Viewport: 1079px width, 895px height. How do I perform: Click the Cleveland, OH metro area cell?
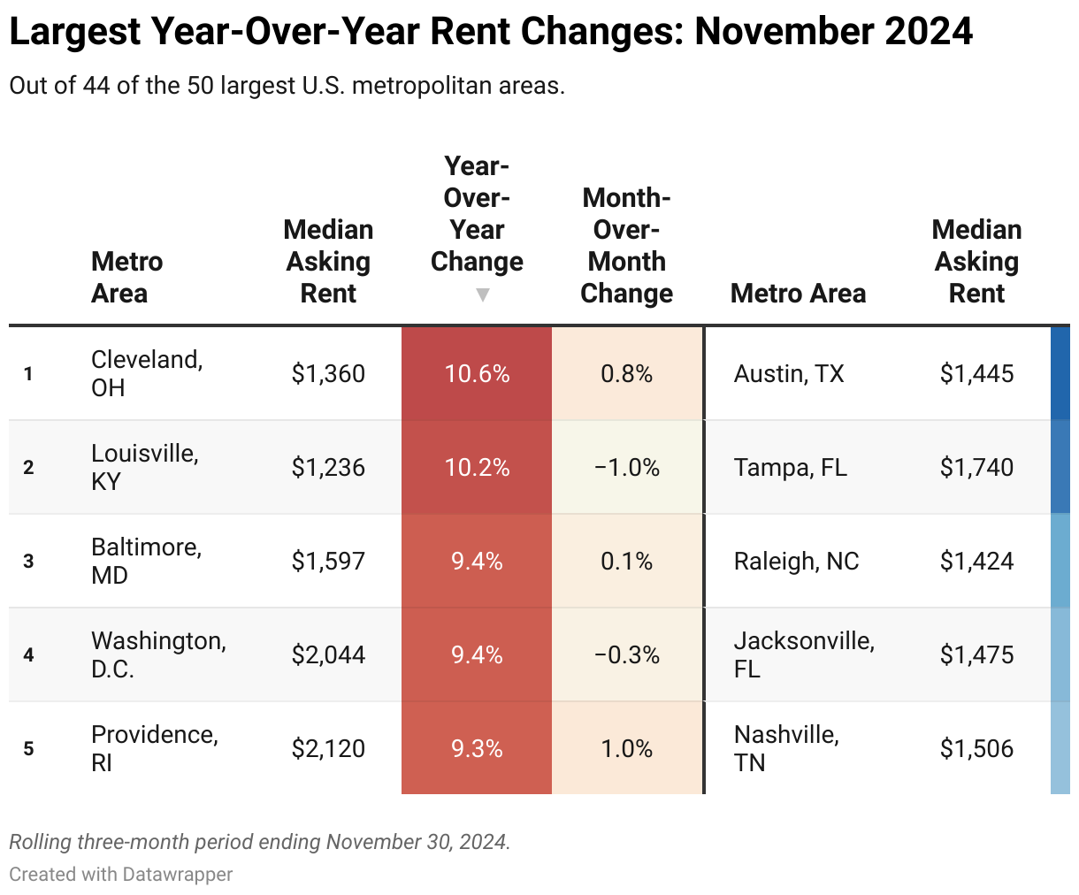147,373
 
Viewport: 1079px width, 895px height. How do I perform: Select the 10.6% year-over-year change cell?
477,374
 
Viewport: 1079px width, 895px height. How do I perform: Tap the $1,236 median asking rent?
328,468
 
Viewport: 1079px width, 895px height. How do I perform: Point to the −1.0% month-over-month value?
626,468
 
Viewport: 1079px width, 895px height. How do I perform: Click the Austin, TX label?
789,374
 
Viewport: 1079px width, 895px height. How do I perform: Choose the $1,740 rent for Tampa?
976,468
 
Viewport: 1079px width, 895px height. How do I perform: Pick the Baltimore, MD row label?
147,561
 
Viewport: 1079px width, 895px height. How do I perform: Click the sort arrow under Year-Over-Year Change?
482,295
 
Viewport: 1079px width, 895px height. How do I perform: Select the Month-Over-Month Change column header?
626,246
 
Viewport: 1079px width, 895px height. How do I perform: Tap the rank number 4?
28,655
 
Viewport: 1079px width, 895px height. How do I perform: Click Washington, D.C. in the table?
158,654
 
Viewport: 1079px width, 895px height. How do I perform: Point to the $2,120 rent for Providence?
328,749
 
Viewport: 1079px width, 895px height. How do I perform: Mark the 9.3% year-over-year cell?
477,749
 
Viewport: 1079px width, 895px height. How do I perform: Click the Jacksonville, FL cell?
804,654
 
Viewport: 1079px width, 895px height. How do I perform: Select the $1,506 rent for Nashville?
976,749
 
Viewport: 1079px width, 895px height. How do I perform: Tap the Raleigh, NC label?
796,562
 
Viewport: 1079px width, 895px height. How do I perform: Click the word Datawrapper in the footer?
178,875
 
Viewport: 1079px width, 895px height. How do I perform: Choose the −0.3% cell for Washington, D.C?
626,655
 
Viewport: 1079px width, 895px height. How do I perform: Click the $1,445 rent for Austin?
976,374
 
